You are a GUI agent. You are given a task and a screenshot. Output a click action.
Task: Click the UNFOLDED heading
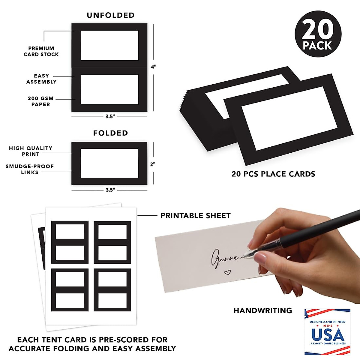point(110,15)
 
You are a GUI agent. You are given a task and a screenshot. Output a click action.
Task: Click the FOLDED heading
point(110,133)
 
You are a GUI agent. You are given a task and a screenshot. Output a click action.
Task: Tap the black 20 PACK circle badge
point(318,34)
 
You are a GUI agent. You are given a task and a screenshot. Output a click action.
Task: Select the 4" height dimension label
point(154,67)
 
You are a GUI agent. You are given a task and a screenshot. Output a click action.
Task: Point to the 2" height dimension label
point(153,164)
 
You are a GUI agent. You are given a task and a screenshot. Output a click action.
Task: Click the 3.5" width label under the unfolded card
point(110,116)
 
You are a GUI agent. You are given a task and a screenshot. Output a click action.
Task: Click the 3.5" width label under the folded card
point(110,190)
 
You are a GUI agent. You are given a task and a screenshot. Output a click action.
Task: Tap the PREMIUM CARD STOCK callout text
point(41,51)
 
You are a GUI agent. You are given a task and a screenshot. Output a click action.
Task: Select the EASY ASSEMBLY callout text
point(41,79)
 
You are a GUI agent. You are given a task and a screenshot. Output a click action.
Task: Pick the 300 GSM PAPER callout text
point(41,101)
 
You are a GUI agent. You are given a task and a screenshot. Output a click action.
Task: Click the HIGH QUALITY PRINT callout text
point(31,151)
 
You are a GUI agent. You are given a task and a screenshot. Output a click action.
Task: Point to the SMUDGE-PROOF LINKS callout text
point(30,169)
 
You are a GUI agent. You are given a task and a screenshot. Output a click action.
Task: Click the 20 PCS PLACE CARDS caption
point(273,174)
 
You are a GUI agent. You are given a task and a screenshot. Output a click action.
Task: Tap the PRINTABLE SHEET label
point(195,216)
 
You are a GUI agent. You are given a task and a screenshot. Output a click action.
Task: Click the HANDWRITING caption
point(262,310)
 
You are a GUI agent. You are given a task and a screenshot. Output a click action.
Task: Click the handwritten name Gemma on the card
point(224,258)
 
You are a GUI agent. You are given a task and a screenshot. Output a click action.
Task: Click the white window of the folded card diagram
point(109,163)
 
